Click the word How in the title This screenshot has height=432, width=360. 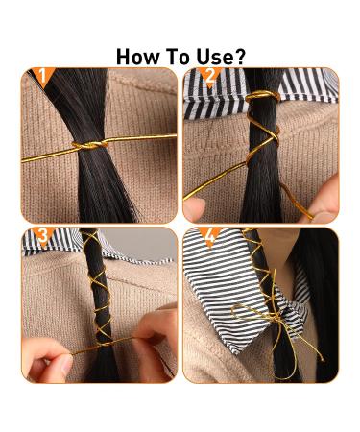(x=137, y=57)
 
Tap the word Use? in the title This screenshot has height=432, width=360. (x=221, y=57)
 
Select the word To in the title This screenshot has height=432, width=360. (x=178, y=57)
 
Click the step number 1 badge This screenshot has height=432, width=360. (x=42, y=76)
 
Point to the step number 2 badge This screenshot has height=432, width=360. (x=209, y=76)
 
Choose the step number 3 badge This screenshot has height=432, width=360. (x=43, y=235)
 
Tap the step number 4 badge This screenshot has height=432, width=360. (x=209, y=236)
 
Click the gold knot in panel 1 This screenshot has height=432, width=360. (x=89, y=145)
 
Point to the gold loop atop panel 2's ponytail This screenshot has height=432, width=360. (x=262, y=96)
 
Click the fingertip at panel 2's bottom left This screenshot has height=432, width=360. (x=194, y=208)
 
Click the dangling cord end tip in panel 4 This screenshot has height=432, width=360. (x=323, y=360)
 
